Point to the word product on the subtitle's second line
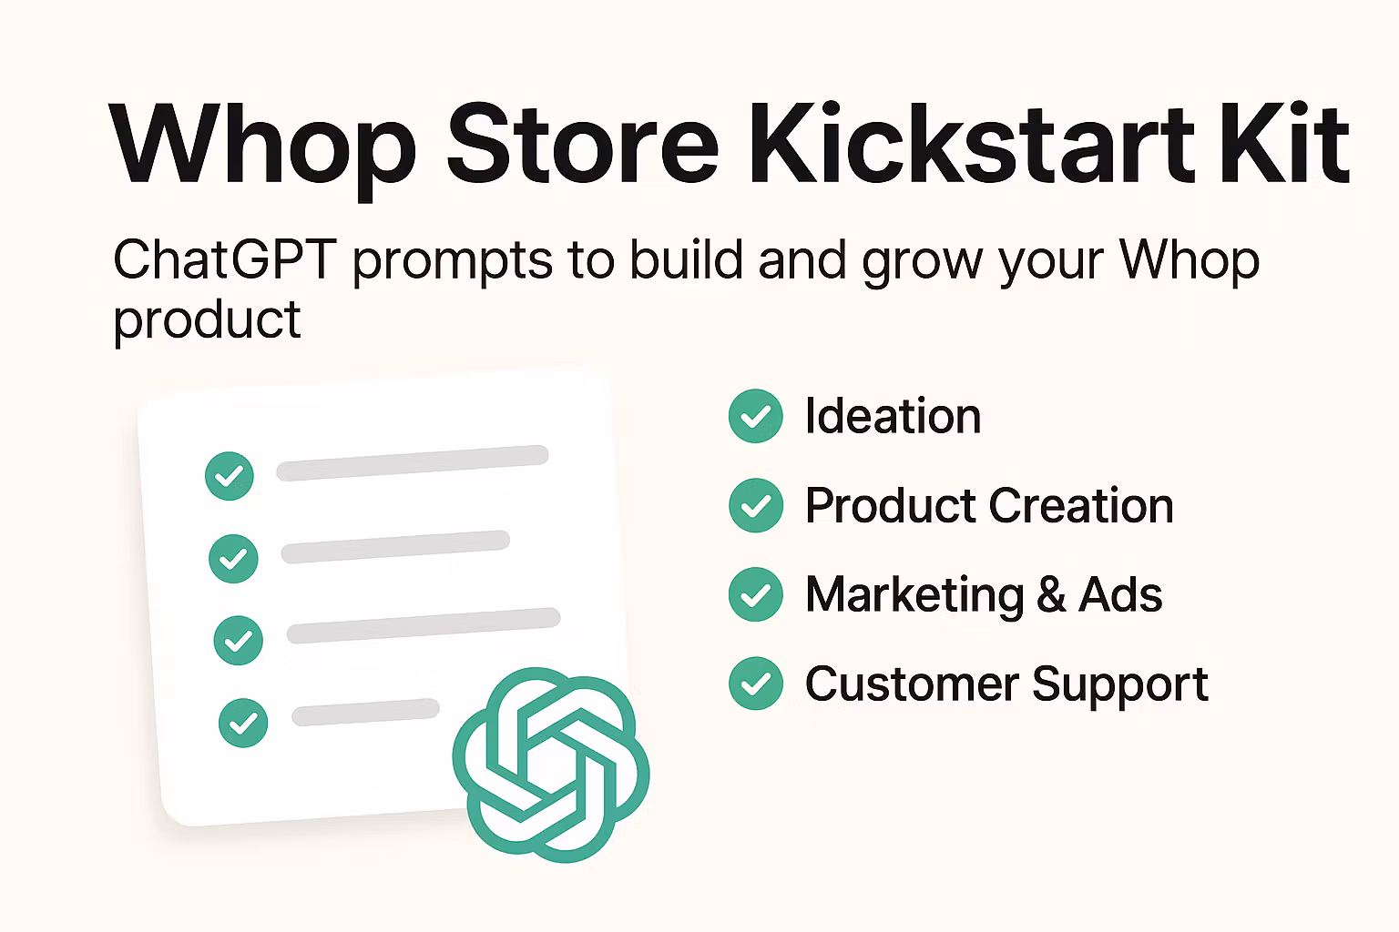tap(207, 320)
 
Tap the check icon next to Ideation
tap(756, 416)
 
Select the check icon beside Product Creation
tap(756, 505)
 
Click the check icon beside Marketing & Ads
tap(756, 594)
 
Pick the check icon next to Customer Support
tap(756, 684)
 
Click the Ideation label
tap(893, 416)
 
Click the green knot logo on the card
tap(551, 765)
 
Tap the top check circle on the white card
tap(230, 476)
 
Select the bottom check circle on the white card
tap(243, 723)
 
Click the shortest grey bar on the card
tap(365, 712)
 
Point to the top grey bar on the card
tap(413, 462)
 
